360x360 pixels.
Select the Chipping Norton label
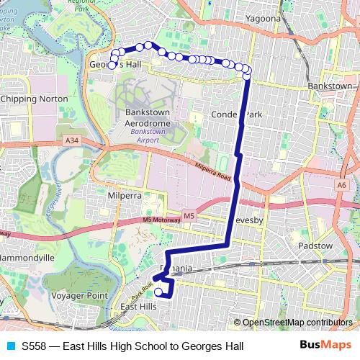point(35,99)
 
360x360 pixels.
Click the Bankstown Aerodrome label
point(150,118)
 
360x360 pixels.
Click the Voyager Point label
point(81,295)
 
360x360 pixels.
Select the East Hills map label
point(138,307)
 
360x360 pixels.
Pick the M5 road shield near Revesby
point(189,215)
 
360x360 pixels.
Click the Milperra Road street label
point(213,174)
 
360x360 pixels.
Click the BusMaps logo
point(325,346)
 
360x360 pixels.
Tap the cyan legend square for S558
point(9,346)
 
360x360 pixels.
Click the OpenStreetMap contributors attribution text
point(296,322)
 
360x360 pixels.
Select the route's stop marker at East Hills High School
point(158,292)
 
